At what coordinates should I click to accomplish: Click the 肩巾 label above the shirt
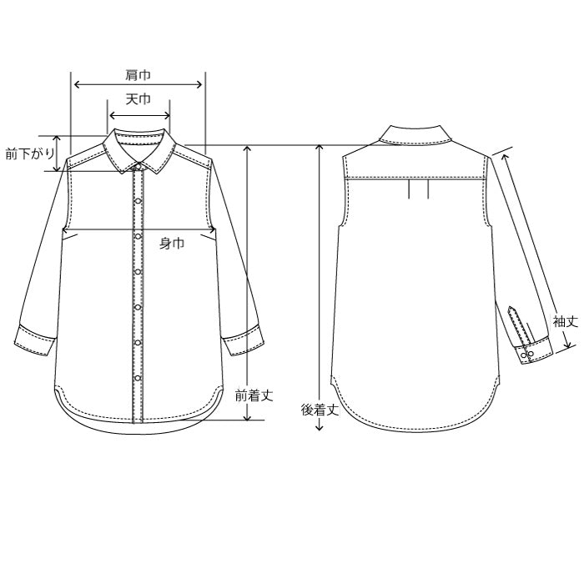(x=138, y=75)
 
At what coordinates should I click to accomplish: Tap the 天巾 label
(x=138, y=99)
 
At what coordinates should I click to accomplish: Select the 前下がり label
(x=30, y=154)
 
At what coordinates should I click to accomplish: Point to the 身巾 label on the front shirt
(x=172, y=244)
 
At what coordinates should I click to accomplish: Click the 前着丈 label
(x=254, y=395)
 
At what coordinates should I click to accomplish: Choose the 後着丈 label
(x=320, y=410)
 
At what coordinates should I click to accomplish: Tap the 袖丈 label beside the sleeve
(x=566, y=321)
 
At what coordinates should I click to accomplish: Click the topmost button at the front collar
(x=138, y=165)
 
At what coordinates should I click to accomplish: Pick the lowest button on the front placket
(x=138, y=379)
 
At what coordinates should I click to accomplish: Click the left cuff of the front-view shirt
(x=35, y=340)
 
